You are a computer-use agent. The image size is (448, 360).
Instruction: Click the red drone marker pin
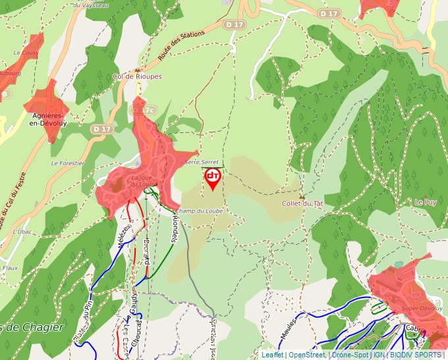(x=213, y=178)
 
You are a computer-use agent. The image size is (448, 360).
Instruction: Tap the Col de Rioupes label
(x=137, y=76)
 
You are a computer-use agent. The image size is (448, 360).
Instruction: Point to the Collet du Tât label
(x=302, y=203)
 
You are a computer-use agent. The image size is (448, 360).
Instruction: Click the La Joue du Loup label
(x=143, y=181)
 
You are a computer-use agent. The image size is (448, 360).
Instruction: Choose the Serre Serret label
(x=202, y=161)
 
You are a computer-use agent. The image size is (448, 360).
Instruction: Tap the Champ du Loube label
(x=199, y=211)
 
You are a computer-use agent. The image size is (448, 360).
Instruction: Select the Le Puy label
(x=426, y=201)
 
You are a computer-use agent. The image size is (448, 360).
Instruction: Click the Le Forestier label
(x=68, y=163)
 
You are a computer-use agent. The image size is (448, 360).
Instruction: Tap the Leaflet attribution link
(x=272, y=355)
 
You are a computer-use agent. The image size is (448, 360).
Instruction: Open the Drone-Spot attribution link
(x=350, y=355)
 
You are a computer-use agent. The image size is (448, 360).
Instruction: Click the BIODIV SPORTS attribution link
(x=416, y=355)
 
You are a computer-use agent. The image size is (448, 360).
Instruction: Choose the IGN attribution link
(x=379, y=355)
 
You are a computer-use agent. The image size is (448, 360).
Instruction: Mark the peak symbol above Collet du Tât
(x=302, y=196)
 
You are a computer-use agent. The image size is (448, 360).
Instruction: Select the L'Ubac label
(x=22, y=232)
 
